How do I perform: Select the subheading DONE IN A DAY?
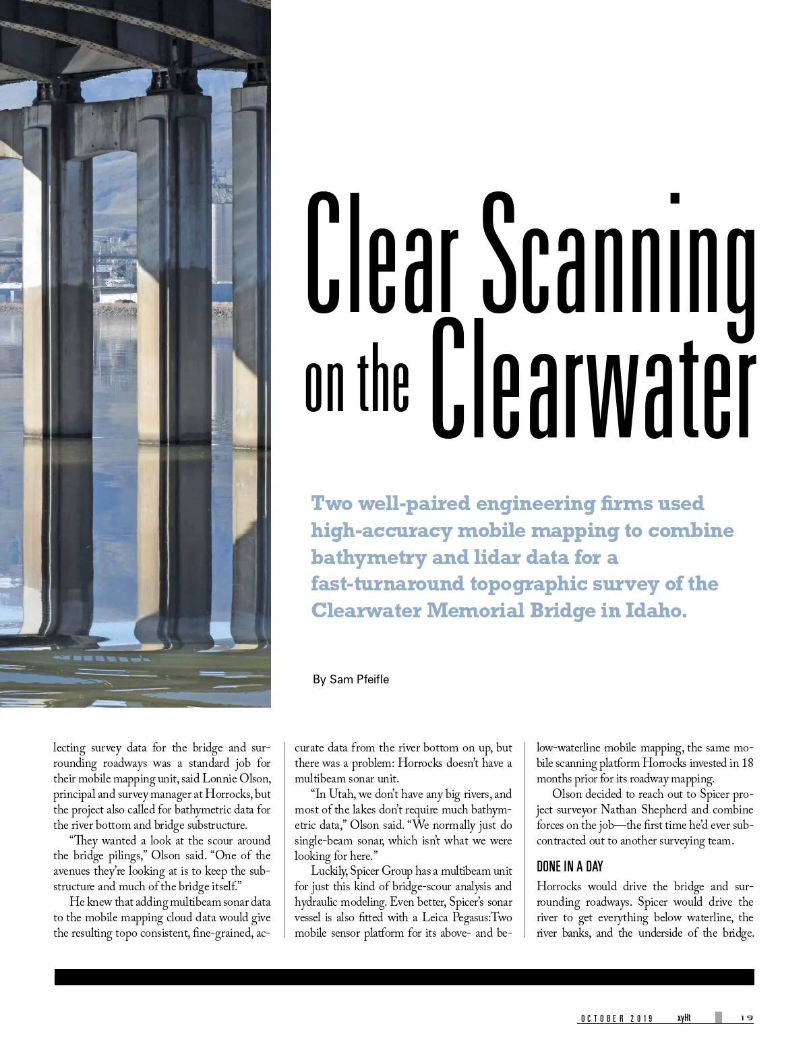(x=570, y=867)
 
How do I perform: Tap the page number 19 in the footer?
(x=746, y=1018)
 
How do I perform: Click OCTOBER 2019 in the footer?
(x=616, y=1018)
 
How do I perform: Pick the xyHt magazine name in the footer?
(x=684, y=1018)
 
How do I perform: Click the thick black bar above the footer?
(x=404, y=977)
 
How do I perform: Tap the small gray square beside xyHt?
(x=719, y=1018)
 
